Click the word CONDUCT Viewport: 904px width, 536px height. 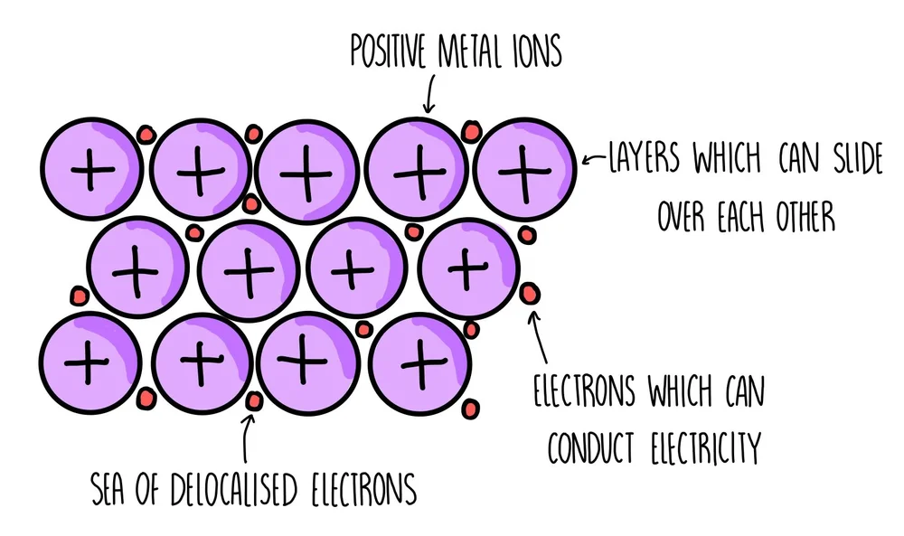point(585,446)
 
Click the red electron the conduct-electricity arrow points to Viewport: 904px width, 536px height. point(530,292)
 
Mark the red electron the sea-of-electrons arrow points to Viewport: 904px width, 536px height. point(254,400)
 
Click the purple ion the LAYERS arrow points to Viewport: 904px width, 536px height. point(525,168)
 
